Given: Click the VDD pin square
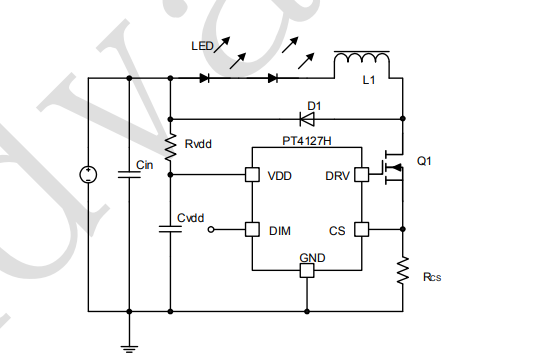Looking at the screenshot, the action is [x=252, y=175].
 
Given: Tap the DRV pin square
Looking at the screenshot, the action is [x=361, y=175].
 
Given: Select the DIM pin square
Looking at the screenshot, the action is [x=252, y=229].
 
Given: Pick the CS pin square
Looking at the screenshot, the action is [x=361, y=229].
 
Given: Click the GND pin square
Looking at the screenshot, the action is [x=307, y=271].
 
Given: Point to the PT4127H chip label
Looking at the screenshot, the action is [x=307, y=141].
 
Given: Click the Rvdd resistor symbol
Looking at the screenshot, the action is [x=170, y=147].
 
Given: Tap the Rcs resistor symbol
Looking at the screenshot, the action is [x=403, y=270].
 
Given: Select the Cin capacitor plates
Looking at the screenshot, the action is [x=129, y=175].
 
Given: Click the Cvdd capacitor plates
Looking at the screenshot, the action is [x=170, y=229].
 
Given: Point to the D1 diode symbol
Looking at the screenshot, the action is [x=307, y=119].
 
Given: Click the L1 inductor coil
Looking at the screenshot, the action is [x=362, y=59].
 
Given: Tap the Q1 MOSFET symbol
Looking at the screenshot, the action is [x=394, y=167].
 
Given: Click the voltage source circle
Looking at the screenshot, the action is [x=88, y=175].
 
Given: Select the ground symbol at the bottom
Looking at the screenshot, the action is [x=129, y=349].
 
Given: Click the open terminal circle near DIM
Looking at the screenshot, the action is [x=211, y=229].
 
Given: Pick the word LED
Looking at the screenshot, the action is [x=202, y=46].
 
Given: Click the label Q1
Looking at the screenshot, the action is [x=424, y=160].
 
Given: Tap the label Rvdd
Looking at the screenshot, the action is [x=198, y=144].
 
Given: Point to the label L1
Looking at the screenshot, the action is [x=369, y=80].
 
